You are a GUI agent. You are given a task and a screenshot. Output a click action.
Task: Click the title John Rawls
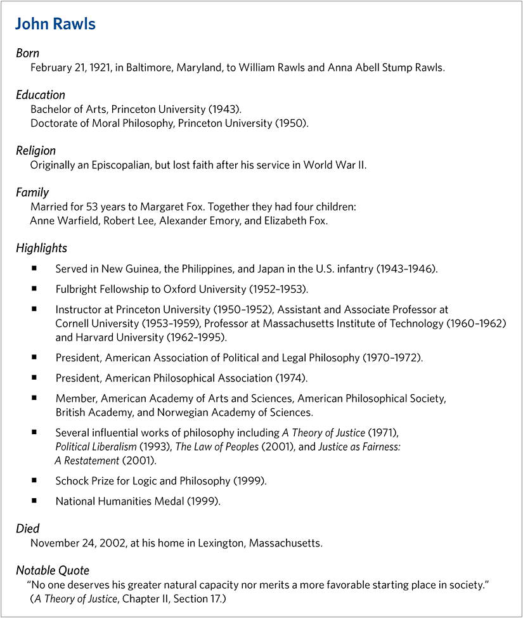pos(55,25)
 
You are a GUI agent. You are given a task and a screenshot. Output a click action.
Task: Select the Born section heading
pos(28,53)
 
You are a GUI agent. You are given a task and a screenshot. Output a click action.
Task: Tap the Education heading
pos(41,95)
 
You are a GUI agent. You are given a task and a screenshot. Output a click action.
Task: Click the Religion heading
pos(36,151)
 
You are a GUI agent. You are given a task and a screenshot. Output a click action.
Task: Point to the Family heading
pos(32,193)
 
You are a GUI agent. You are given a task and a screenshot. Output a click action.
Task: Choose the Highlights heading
pos(41,248)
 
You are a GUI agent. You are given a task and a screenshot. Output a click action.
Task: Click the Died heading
pos(28,529)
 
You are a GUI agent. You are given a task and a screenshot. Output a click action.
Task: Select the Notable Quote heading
pos(53,570)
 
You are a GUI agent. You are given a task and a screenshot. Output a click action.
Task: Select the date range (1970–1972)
pos(392,357)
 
